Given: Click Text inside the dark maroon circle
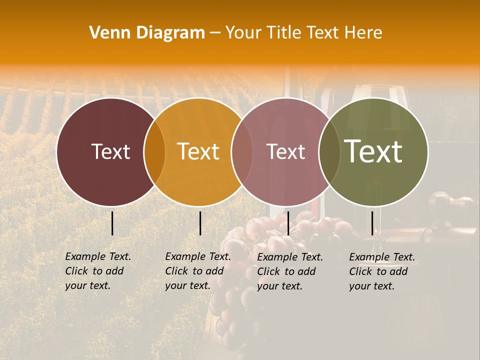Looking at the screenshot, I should point(110,152).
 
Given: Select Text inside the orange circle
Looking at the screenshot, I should point(198,152).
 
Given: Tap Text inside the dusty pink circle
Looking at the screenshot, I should point(286,152).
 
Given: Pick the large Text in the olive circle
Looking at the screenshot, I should point(373,151).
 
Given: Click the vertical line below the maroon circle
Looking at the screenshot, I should point(112,223).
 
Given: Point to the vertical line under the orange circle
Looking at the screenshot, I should point(200,223).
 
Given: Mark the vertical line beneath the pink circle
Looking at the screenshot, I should point(288,223).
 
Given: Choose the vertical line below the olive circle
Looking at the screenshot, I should point(372,223).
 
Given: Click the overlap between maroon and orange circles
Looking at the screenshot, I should point(154,152).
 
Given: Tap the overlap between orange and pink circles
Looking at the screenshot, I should point(242,152).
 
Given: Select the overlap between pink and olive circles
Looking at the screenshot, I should point(329,152).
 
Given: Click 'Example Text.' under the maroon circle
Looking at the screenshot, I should point(98,256).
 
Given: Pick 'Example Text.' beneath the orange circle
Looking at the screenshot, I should point(198,256).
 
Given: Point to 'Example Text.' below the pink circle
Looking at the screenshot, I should point(290,257).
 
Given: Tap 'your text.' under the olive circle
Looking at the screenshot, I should point(371,286).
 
